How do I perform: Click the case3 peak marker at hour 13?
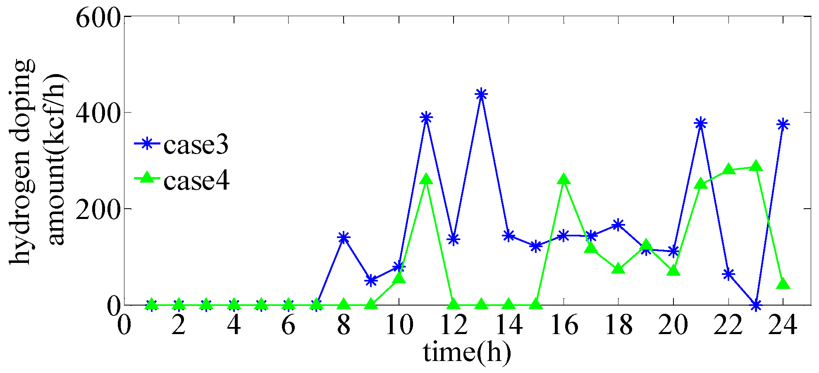click(481, 94)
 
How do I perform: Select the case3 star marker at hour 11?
click(426, 118)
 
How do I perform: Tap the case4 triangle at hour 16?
click(564, 180)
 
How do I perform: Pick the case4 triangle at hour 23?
click(756, 166)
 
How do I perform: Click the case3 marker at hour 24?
click(783, 124)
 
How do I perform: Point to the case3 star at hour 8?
click(344, 238)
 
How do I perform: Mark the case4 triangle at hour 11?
click(426, 180)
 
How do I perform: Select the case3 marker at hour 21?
click(701, 123)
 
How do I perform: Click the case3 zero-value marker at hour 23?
click(756, 306)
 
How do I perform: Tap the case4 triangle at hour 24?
click(783, 284)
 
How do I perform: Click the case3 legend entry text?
click(196, 145)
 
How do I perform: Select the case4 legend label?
click(196, 180)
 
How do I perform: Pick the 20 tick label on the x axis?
click(673, 325)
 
